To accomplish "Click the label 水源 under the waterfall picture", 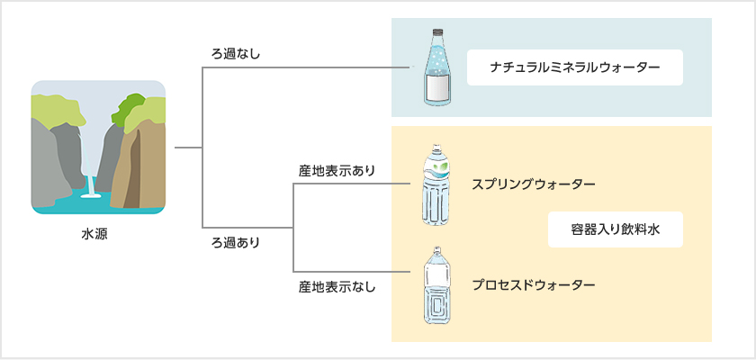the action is (94, 235).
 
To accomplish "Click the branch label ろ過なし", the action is (235, 53).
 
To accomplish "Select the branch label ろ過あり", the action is (235, 242).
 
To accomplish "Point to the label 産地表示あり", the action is (336, 171).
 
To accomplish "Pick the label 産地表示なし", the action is (336, 287).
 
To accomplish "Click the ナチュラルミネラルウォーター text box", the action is (575, 67).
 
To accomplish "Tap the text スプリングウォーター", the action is (534, 184).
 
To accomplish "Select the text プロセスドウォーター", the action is (534, 284).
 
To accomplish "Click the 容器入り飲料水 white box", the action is (616, 229).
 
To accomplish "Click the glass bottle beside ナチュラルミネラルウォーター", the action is (437, 67).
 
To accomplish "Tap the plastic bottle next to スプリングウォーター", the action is (436, 184).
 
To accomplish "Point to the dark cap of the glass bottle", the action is (437, 32).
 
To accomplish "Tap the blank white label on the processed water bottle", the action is (437, 275).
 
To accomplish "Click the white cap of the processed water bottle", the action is (437, 249).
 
